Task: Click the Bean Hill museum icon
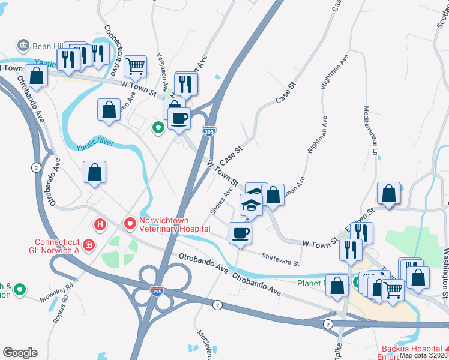point(23,45)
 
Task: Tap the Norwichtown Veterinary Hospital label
point(175,224)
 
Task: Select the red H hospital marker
point(100,224)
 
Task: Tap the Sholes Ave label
point(221,200)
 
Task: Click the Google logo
point(20,353)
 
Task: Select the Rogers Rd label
point(62,310)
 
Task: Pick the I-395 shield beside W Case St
point(207,131)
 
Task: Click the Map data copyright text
point(424,355)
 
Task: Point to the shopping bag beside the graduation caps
point(273,195)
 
